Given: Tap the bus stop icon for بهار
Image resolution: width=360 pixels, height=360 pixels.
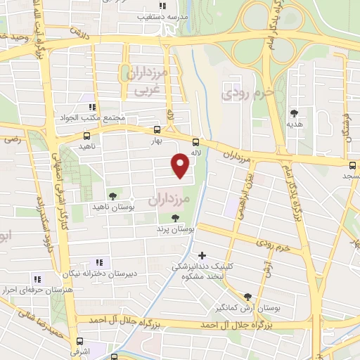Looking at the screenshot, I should coord(156,129).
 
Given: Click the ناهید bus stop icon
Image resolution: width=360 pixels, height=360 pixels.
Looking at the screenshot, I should coord(86,136).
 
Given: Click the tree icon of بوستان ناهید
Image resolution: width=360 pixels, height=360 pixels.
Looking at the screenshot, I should coord(112,195).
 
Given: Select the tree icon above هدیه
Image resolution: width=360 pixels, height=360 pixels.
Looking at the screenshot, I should coord(294,112).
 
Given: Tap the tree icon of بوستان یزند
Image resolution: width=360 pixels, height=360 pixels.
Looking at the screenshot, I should coord(175,217).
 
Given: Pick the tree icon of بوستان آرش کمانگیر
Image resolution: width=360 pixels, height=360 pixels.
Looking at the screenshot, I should coord(247,297).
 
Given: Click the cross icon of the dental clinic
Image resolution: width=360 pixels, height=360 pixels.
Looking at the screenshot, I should coord(202,255).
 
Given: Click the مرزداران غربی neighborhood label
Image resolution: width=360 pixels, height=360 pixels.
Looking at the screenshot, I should coord(147,80).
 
